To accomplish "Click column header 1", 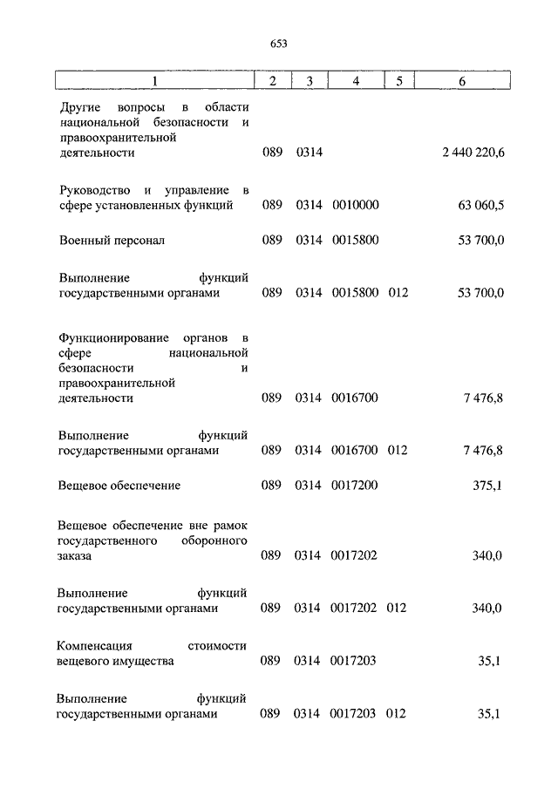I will tap(153, 81).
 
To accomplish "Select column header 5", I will tap(398, 81).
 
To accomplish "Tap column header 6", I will tap(462, 81).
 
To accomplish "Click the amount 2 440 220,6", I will tap(473, 153).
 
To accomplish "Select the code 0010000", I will tap(355, 205).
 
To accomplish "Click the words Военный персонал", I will tap(112, 240).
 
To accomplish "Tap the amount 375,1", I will tap(487, 485).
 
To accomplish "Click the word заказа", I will tap(76, 555).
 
